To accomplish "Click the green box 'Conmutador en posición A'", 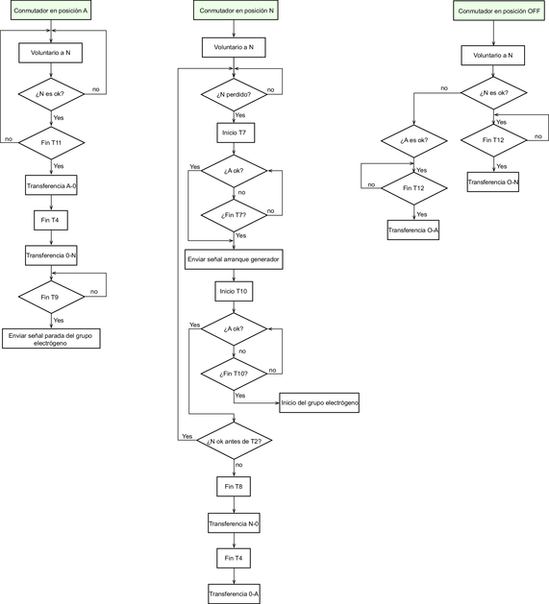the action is coord(51,11).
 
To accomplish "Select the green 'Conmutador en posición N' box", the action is coord(237,11).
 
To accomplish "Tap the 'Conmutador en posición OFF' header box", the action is coord(499,11).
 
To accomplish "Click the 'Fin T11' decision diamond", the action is coord(51,142).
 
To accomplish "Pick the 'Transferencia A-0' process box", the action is coord(51,185).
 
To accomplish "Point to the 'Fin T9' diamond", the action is coord(51,297).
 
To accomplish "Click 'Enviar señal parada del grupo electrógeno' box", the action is coord(51,339).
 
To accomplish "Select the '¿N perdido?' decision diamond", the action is coord(234,94).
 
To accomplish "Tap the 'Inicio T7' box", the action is coord(236,133).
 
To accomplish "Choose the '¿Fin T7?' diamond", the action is coord(234,215).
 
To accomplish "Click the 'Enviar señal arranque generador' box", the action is coord(234,259).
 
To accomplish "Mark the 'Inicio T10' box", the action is coord(234,291).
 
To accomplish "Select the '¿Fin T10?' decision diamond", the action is coord(234,374).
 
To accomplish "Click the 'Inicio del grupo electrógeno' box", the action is coord(319,403).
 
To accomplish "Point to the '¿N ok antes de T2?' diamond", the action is coord(235,441).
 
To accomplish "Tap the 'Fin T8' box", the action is coord(234,487).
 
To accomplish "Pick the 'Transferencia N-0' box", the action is coord(234,523).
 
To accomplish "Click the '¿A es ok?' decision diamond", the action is coord(414,140).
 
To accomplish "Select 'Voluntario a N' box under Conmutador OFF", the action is coord(493,56).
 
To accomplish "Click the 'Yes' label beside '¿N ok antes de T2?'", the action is coord(187,437).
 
